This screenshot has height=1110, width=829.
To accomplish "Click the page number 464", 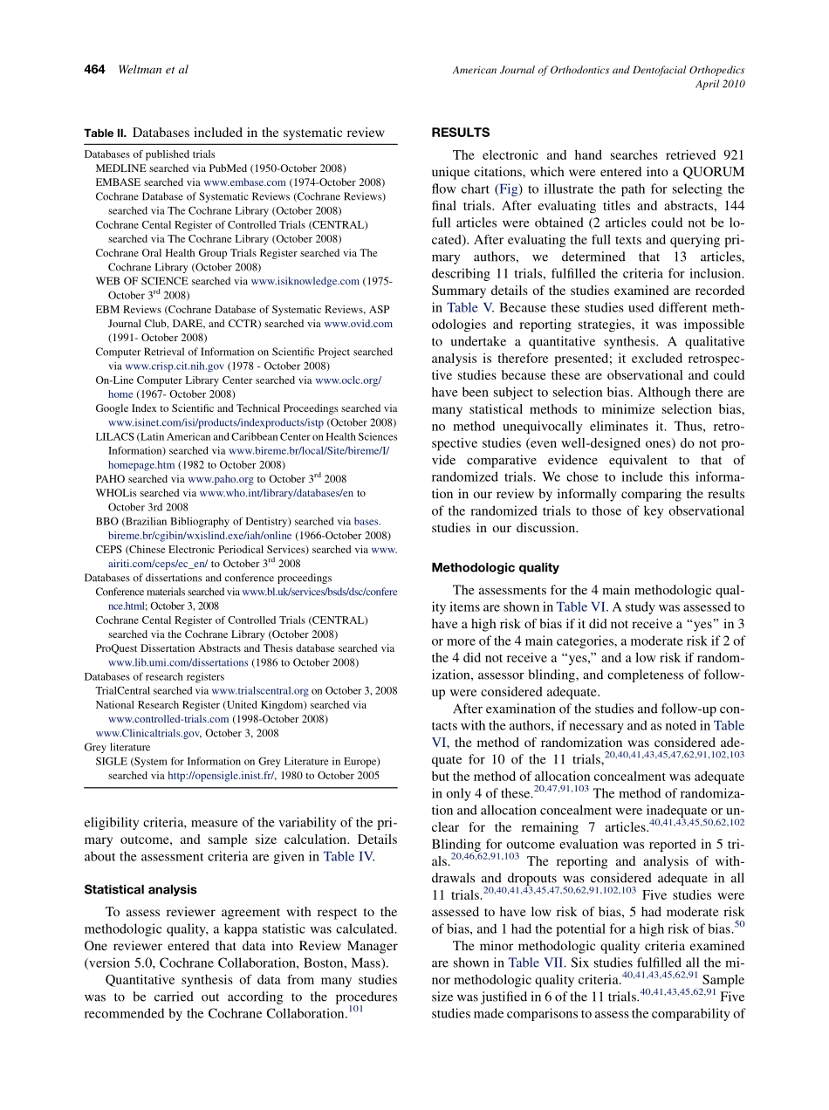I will [x=95, y=70].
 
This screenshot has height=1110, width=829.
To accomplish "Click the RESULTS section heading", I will [x=460, y=133].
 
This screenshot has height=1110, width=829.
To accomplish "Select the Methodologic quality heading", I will [x=495, y=567].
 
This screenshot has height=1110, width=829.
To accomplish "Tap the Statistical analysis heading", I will [x=140, y=889].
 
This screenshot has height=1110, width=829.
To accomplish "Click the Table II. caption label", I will [x=105, y=134].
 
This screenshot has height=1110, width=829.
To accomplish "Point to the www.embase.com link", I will [x=244, y=182].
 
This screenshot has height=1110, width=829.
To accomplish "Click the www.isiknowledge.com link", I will [x=305, y=281].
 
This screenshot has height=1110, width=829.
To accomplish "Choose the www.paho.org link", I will [x=221, y=478].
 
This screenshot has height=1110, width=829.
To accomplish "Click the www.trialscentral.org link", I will [x=260, y=690].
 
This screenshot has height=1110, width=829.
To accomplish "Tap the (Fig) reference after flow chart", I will [x=508, y=188].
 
